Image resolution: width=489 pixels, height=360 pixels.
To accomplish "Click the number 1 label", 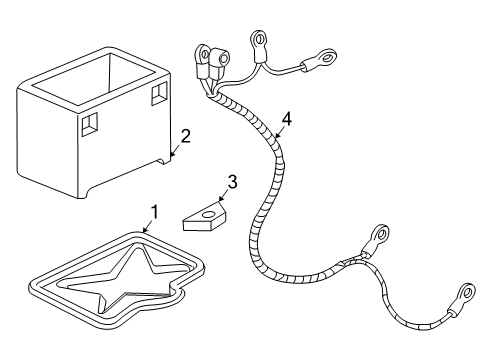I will pos(154,211).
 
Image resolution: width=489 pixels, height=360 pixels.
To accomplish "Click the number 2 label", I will pos(184,136).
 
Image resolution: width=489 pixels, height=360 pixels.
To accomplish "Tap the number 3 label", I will pos(232,182).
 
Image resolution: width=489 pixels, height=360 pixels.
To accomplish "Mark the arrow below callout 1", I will pos(147,227).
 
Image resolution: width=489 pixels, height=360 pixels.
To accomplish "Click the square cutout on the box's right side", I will pos(158,92).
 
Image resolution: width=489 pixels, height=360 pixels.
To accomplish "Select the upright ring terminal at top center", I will pos(260,41).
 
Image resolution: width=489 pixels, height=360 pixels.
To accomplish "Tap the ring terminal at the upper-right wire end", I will pos(325,61).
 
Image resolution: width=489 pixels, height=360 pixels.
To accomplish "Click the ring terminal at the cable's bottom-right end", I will pos(464,296).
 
